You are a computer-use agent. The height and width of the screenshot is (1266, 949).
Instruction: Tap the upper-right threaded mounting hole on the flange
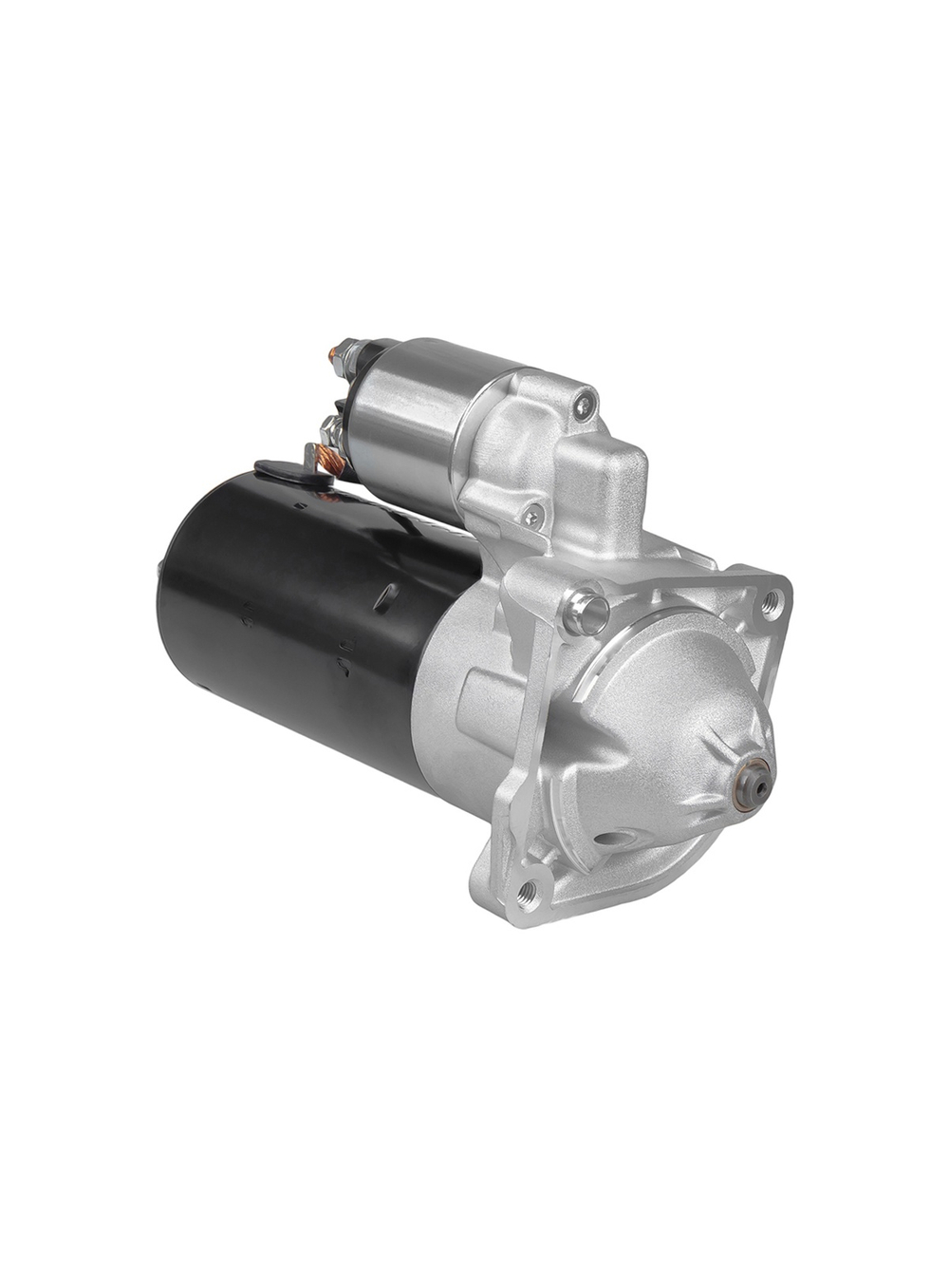(x=771, y=599)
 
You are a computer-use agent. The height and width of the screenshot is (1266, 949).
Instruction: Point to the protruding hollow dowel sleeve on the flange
(x=586, y=610)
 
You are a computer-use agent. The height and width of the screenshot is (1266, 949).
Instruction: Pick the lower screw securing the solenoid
(x=530, y=516)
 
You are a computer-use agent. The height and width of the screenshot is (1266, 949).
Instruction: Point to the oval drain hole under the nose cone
(x=612, y=840)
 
